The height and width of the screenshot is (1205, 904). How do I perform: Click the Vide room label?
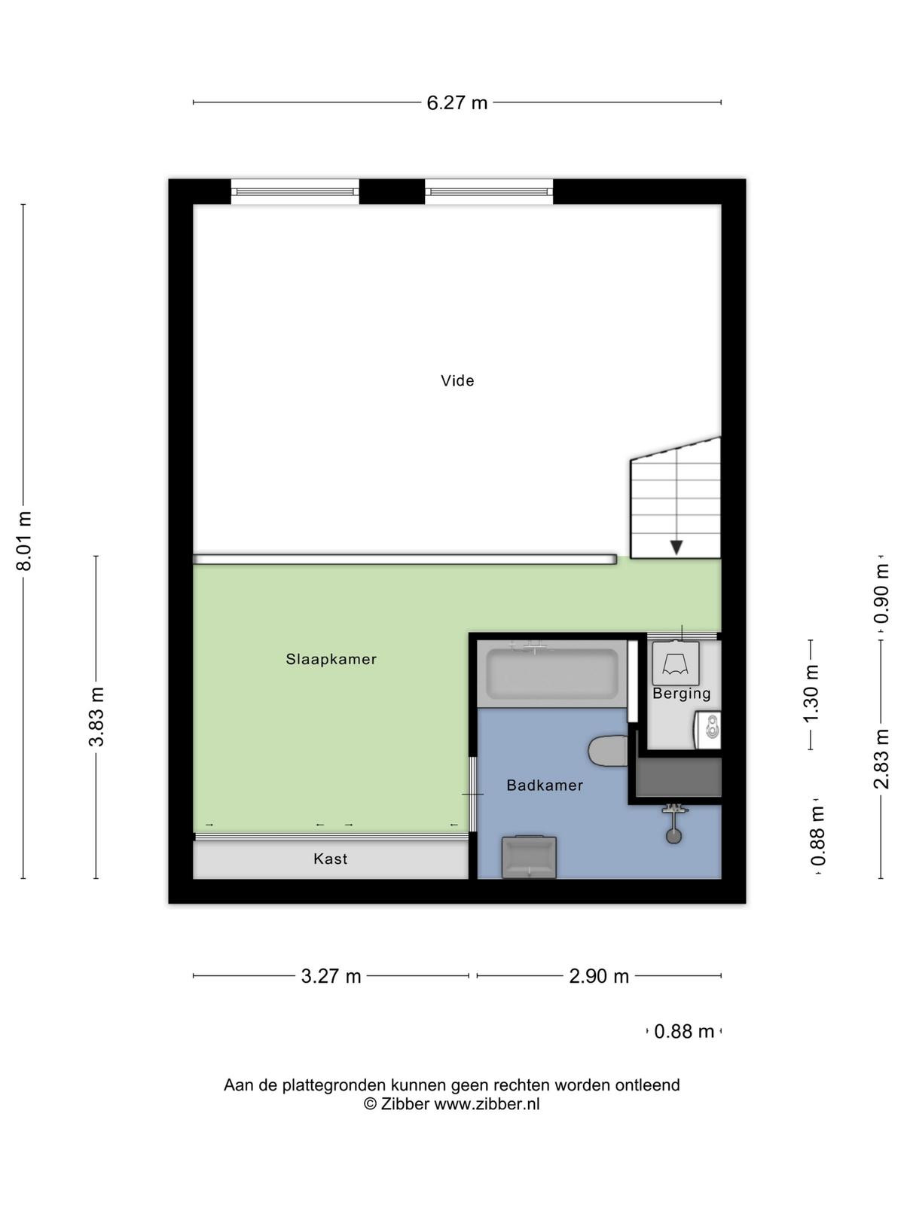click(457, 380)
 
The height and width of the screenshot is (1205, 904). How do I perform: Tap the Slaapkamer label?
click(331, 659)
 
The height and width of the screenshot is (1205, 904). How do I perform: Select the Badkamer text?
click(545, 785)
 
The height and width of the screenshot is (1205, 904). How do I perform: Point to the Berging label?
click(681, 694)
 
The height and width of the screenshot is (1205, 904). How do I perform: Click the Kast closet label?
click(330, 859)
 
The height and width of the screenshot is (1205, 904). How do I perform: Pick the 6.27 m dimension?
click(457, 102)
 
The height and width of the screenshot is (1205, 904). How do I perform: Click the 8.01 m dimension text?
click(24, 541)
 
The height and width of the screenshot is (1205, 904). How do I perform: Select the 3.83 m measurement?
click(96, 716)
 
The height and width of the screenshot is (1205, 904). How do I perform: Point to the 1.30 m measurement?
click(811, 694)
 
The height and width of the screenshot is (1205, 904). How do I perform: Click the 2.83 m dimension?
click(881, 758)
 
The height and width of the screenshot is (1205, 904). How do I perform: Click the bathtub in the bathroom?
click(552, 673)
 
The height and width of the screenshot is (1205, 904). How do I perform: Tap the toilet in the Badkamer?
click(608, 750)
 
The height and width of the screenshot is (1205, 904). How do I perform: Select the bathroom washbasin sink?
click(529, 856)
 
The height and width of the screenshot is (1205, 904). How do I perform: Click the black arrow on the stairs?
click(676, 548)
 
